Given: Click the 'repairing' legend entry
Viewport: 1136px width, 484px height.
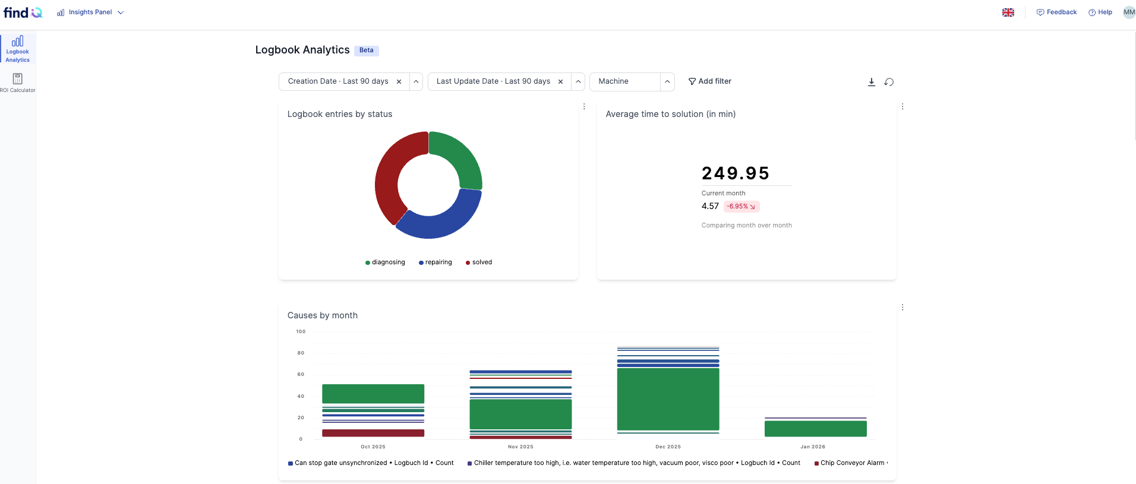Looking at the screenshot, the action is [x=436, y=262].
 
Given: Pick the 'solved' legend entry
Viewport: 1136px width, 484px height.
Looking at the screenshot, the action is [x=479, y=262].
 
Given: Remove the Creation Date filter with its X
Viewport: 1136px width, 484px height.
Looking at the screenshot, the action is [x=399, y=82].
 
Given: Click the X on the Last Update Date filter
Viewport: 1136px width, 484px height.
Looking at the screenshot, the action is [x=560, y=82].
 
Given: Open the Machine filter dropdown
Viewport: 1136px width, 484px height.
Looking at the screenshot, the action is [x=667, y=82].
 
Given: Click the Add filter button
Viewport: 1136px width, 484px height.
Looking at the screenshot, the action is [x=709, y=81].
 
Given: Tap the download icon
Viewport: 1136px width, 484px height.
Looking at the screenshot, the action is [x=872, y=82].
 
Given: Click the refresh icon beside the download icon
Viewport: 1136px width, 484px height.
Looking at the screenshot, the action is [x=889, y=82].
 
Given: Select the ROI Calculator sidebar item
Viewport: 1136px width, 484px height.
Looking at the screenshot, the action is [x=18, y=83].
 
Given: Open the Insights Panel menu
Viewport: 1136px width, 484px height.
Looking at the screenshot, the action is [x=90, y=12].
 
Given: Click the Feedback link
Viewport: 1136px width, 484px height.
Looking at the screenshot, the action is [x=1056, y=12].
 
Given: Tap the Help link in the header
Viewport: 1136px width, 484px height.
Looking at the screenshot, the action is [x=1100, y=12].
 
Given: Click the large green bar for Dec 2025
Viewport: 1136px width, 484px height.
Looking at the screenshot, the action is [x=668, y=399].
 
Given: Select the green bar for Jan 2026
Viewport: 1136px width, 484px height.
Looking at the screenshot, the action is [x=815, y=429].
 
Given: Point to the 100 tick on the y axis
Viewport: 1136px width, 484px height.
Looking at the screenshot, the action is [x=301, y=332].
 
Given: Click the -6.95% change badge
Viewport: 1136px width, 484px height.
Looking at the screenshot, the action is [x=741, y=207].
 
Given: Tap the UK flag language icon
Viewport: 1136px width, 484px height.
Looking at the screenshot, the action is [x=1008, y=12].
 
